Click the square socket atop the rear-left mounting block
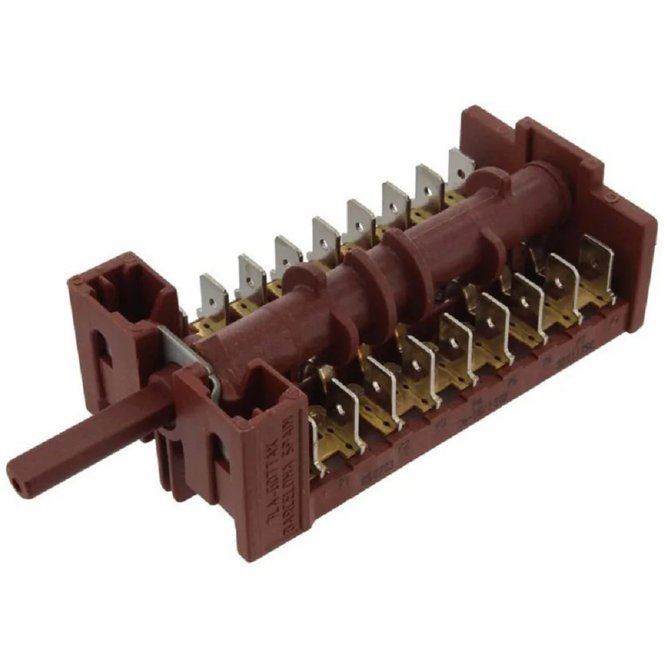[x=118, y=290]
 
